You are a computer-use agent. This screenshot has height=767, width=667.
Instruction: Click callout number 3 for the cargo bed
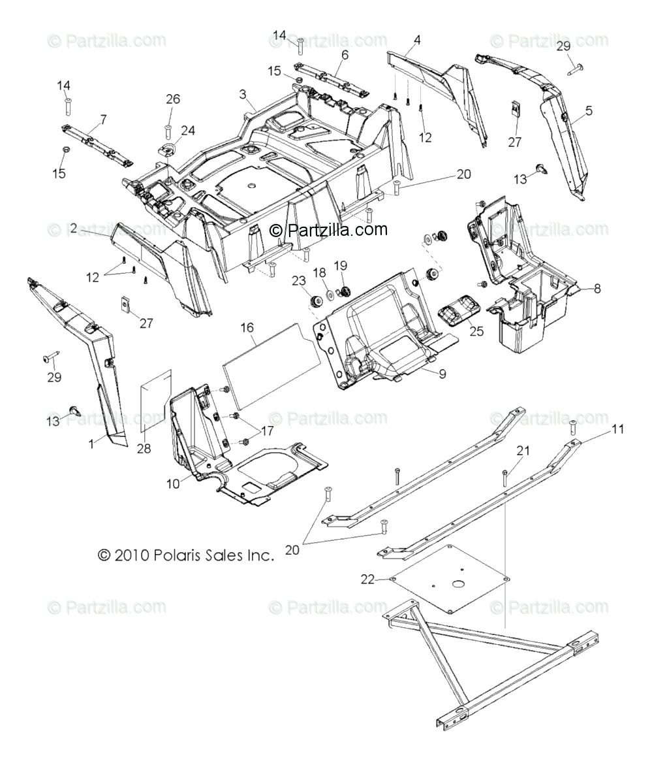[242, 94]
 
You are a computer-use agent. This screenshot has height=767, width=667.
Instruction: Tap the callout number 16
[247, 327]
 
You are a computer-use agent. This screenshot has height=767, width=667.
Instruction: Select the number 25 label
[476, 331]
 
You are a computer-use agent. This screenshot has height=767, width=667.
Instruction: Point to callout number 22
[368, 579]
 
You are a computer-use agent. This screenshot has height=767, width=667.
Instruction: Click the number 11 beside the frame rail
[617, 429]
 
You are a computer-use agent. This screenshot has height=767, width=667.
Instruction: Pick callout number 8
[597, 288]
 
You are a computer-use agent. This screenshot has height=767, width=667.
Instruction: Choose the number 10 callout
[173, 484]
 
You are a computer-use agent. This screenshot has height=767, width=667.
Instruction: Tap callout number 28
[144, 448]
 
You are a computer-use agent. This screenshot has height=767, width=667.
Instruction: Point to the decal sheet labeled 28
[157, 400]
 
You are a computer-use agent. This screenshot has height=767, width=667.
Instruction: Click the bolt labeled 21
[504, 477]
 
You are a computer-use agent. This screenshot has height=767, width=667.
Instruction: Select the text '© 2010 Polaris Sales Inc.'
[185, 555]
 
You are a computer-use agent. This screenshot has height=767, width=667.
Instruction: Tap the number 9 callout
[442, 374]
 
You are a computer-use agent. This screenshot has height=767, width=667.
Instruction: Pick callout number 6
[345, 55]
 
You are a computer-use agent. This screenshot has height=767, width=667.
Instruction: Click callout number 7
[102, 120]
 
